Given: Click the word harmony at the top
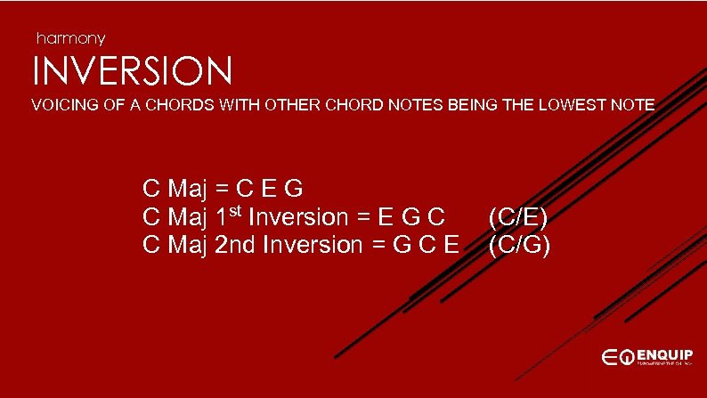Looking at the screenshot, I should [x=70, y=38].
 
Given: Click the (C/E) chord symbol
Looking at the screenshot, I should [x=518, y=217].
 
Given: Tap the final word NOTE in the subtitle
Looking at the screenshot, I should [x=633, y=106].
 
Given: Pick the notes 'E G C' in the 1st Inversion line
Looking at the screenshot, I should [x=413, y=217].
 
